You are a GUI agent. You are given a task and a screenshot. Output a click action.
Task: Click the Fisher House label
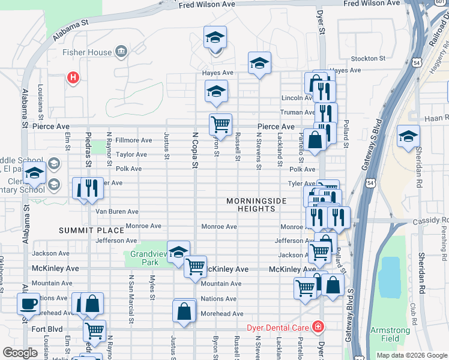(x=87, y=52)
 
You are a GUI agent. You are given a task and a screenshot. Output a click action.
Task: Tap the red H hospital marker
(x=73, y=77)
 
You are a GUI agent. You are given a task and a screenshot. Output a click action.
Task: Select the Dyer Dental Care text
(x=277, y=328)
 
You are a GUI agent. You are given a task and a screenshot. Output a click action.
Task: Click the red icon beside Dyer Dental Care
(x=316, y=327)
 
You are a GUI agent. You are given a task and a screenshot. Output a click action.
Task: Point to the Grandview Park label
(x=145, y=258)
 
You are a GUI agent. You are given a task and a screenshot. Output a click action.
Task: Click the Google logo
(x=20, y=353)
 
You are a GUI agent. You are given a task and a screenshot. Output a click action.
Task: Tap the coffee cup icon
(x=28, y=304)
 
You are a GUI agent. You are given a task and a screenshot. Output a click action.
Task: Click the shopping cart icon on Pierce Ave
(x=220, y=124)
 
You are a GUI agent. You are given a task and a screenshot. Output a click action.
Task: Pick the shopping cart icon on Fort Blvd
(x=94, y=329)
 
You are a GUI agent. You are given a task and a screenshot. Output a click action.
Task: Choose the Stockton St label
(x=368, y=58)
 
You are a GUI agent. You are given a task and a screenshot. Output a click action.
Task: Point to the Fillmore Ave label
(x=134, y=140)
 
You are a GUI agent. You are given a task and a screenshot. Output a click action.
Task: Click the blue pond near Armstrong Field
(x=390, y=277)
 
